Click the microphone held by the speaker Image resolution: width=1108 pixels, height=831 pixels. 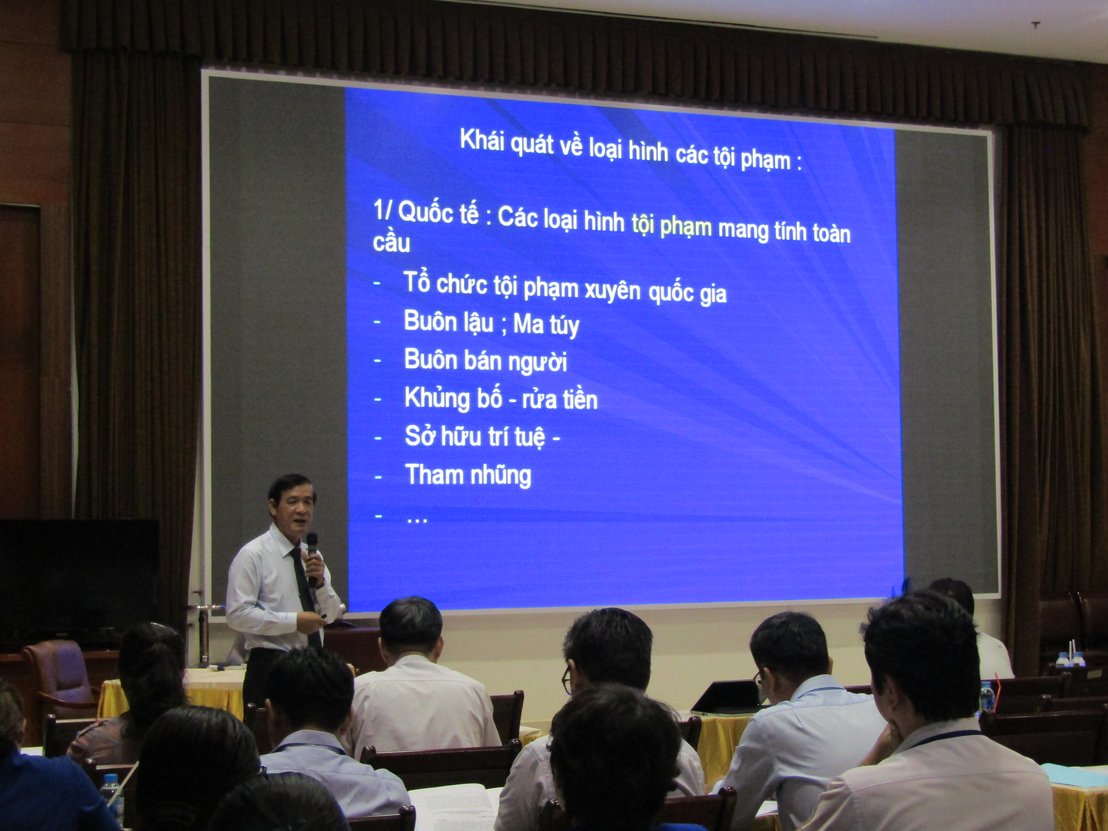point(312,556)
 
